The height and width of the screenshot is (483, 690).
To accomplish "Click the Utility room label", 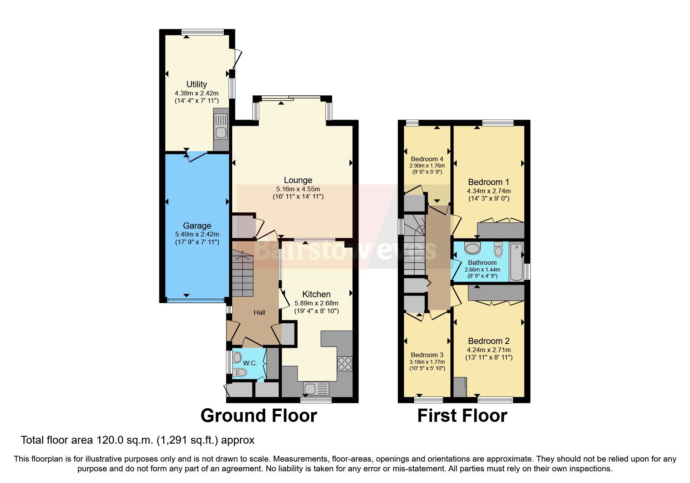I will point(196,84).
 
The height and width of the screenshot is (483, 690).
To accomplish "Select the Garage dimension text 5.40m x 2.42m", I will point(197,234).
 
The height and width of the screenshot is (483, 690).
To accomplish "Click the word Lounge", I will point(298,180).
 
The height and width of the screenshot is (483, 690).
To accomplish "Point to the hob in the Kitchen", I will point(344,363).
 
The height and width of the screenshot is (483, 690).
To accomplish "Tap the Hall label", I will point(259,312).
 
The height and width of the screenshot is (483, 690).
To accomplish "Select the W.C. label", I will point(250,363).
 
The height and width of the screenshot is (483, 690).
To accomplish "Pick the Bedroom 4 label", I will point(427,159).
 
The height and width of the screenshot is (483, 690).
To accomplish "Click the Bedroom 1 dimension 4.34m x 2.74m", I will point(489,191).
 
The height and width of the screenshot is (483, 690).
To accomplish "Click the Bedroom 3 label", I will point(427,355).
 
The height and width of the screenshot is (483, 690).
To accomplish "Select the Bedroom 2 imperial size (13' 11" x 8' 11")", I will point(489,357).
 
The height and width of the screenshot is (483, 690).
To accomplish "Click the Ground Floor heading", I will point(258,416).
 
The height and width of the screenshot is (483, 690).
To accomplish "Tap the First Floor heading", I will point(462,416).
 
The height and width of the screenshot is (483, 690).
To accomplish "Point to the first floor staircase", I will point(414,245).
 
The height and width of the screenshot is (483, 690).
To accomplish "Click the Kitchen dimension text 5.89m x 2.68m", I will point(316,303).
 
